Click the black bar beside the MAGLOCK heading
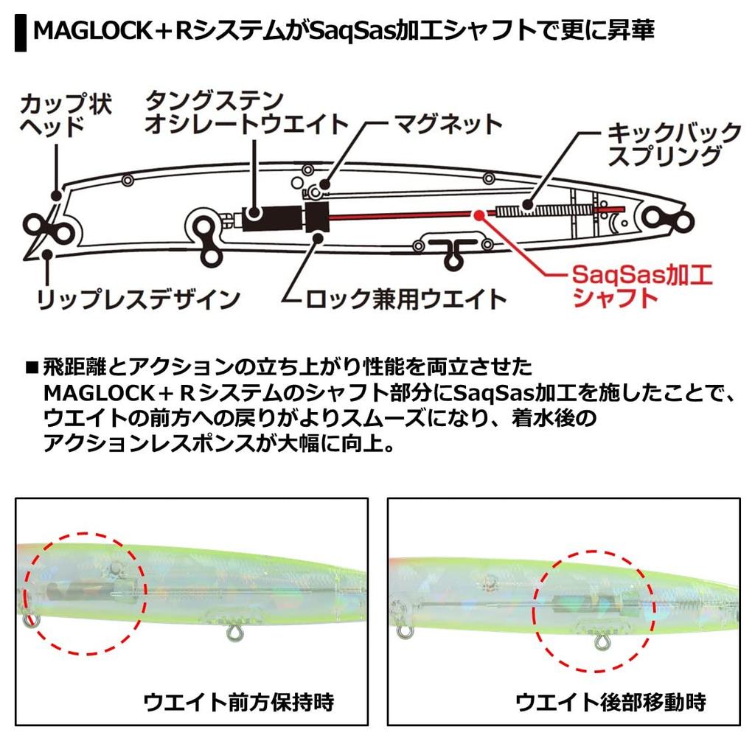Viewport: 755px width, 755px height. click(x=21, y=32)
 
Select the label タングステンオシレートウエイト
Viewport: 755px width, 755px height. click(x=246, y=112)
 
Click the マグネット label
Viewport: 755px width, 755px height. click(x=448, y=124)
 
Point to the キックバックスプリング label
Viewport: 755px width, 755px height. click(x=674, y=145)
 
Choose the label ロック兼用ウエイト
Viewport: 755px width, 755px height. click(x=406, y=299)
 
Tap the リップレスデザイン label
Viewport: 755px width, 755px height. click(x=138, y=299)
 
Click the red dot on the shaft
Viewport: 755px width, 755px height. click(x=478, y=215)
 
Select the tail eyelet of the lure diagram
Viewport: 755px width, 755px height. click(x=669, y=218)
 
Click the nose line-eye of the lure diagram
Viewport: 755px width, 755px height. click(x=49, y=229)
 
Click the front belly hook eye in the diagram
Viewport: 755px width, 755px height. click(x=208, y=237)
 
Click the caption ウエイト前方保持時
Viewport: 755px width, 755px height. click(x=239, y=702)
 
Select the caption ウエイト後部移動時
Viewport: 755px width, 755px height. click(x=610, y=702)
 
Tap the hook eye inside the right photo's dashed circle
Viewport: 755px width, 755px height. click(x=601, y=642)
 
